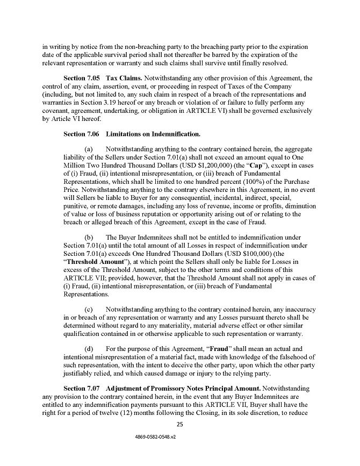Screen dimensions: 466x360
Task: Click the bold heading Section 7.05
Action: coord(82,78)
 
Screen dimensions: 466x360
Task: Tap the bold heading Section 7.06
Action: coord(82,133)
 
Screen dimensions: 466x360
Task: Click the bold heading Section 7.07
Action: coord(82,388)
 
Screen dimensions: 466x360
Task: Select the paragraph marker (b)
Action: coord(90,237)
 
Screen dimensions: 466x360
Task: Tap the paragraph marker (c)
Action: coord(90,310)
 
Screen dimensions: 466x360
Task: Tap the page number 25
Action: coord(180,425)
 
